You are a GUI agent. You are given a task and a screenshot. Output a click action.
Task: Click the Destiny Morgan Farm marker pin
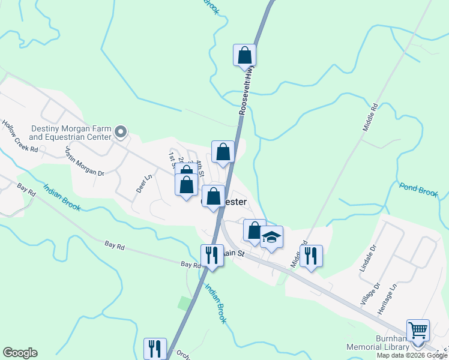(x=121, y=131)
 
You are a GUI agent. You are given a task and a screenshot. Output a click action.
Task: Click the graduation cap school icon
(x=271, y=237)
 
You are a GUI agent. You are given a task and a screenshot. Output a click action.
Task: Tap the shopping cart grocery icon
(x=418, y=330)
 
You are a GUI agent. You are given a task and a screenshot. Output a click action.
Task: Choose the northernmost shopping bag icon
(x=244, y=55)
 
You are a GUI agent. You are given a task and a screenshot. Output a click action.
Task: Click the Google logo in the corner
(x=20, y=353)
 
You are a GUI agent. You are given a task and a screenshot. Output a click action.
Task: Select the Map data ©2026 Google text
(x=411, y=355)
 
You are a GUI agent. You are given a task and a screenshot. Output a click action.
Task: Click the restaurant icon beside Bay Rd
(x=211, y=256)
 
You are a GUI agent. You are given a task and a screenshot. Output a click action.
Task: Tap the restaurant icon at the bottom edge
(x=155, y=349)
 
